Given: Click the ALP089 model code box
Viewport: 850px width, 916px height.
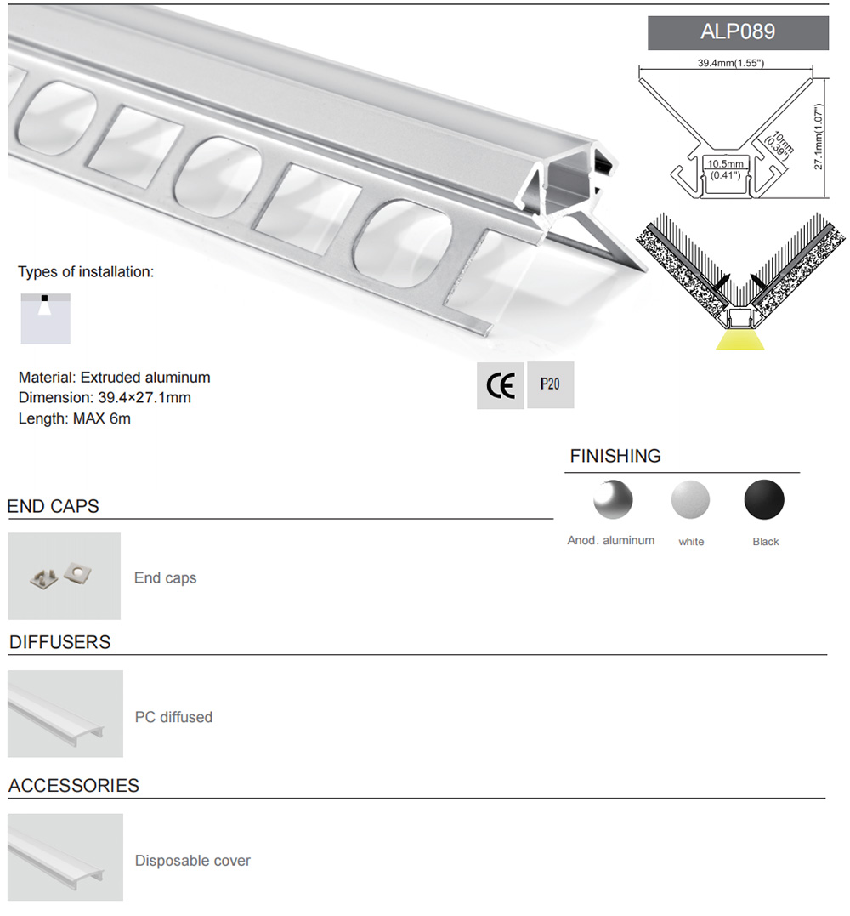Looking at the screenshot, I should (738, 33).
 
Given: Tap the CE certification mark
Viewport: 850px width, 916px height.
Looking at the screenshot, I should (500, 386).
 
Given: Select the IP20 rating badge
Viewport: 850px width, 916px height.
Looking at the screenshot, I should (550, 384).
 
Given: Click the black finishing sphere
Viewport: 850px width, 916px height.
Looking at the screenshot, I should (764, 499).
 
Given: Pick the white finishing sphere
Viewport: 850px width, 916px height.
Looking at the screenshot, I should (690, 499).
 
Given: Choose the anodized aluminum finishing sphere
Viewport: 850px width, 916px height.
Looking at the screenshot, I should (613, 499).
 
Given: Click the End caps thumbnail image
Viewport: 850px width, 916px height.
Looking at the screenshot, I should (65, 576).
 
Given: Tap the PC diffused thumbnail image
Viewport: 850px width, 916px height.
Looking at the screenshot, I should (65, 714).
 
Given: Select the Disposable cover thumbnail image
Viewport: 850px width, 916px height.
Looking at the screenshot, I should (65, 856).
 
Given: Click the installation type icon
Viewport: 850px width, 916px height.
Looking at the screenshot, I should (45, 318).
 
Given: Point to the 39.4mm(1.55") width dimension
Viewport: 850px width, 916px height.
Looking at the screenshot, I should (731, 63).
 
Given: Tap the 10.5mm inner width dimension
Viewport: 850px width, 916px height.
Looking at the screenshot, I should (724, 168).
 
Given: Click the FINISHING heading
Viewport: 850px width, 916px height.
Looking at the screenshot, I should (615, 456).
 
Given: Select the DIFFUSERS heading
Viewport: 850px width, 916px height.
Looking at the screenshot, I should (60, 642).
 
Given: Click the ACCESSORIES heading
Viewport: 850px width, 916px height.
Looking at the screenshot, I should (74, 786).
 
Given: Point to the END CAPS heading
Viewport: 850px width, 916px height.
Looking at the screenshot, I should (54, 506).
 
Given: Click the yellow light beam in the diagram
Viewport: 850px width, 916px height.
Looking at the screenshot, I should (739, 340).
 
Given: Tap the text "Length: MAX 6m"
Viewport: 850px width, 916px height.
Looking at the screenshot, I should (75, 418).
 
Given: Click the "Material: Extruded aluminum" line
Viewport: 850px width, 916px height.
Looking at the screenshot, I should (114, 377).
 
